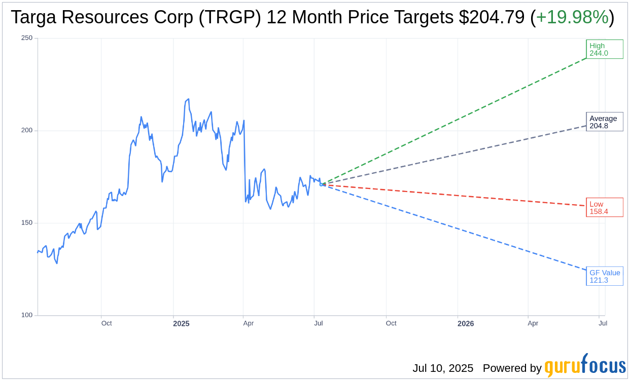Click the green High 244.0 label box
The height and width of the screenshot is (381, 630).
tap(604, 49)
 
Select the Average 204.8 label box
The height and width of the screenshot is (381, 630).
tap(604, 122)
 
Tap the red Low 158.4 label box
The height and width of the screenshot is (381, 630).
tap(604, 207)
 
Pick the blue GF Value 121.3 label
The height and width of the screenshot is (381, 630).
tap(604, 276)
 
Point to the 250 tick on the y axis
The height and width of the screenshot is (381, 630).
tap(27, 38)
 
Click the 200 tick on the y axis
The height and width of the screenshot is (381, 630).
tap(27, 130)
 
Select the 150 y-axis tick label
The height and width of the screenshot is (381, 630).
tap(27, 223)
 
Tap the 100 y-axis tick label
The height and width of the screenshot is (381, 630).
tap(27, 315)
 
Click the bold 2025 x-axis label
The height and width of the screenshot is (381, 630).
tap(181, 324)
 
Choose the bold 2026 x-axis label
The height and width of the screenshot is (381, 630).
tap(465, 324)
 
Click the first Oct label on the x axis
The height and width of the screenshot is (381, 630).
tap(107, 323)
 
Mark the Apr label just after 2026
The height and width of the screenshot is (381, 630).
tap(533, 323)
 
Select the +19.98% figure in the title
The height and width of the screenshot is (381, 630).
tap(572, 18)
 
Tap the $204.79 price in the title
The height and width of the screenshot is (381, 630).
tap(492, 18)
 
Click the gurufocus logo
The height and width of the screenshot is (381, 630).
tap(585, 366)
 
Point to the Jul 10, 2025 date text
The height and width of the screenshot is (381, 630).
tap(443, 368)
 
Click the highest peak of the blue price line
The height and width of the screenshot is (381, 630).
tap(188, 99)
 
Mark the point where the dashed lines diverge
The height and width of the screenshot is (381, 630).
tap(322, 184)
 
